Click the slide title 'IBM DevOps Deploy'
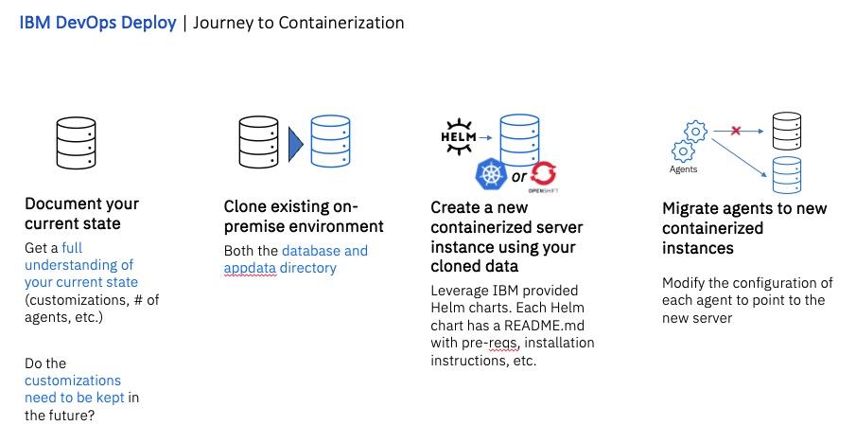tap(97, 23)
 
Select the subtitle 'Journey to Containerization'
tap(299, 23)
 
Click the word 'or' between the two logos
tap(518, 177)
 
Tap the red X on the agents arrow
tap(734, 130)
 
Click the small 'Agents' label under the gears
tap(683, 170)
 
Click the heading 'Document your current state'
tap(81, 213)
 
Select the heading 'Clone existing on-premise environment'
tap(304, 217)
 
